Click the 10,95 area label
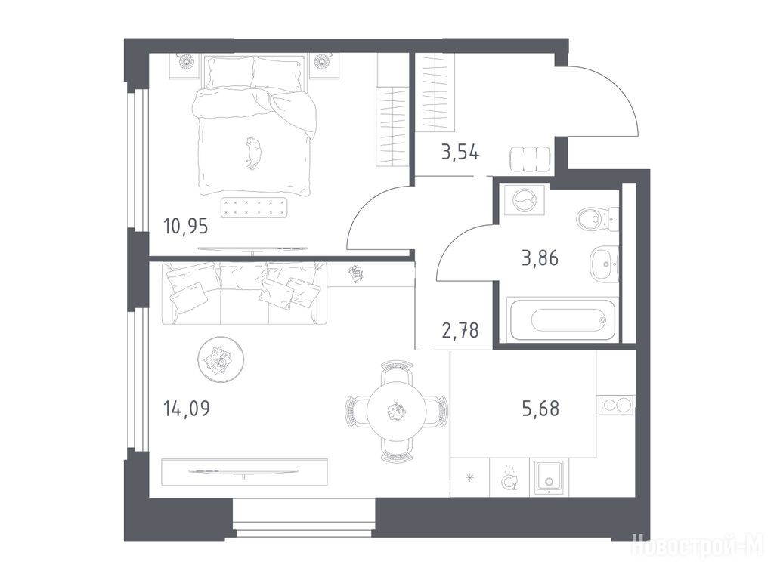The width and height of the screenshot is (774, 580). click(x=186, y=227)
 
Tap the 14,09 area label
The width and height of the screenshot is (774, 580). click(x=186, y=409)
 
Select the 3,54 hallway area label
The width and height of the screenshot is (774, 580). click(x=460, y=153)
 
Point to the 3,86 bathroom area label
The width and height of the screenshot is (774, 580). click(x=540, y=258)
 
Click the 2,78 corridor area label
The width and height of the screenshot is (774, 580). click(x=460, y=331)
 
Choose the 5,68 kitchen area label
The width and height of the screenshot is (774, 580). click(x=540, y=409)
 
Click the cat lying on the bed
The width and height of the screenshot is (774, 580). click(x=253, y=153)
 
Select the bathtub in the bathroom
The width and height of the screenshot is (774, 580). click(x=562, y=319)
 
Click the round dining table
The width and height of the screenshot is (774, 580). click(x=396, y=410)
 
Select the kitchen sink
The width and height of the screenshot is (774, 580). click(x=549, y=477)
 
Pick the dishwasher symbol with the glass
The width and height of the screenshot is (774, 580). click(x=509, y=477)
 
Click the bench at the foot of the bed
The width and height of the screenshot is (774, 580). click(x=254, y=208)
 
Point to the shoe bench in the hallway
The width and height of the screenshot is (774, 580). click(x=530, y=159)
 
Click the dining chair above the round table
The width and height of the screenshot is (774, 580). click(x=396, y=370)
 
